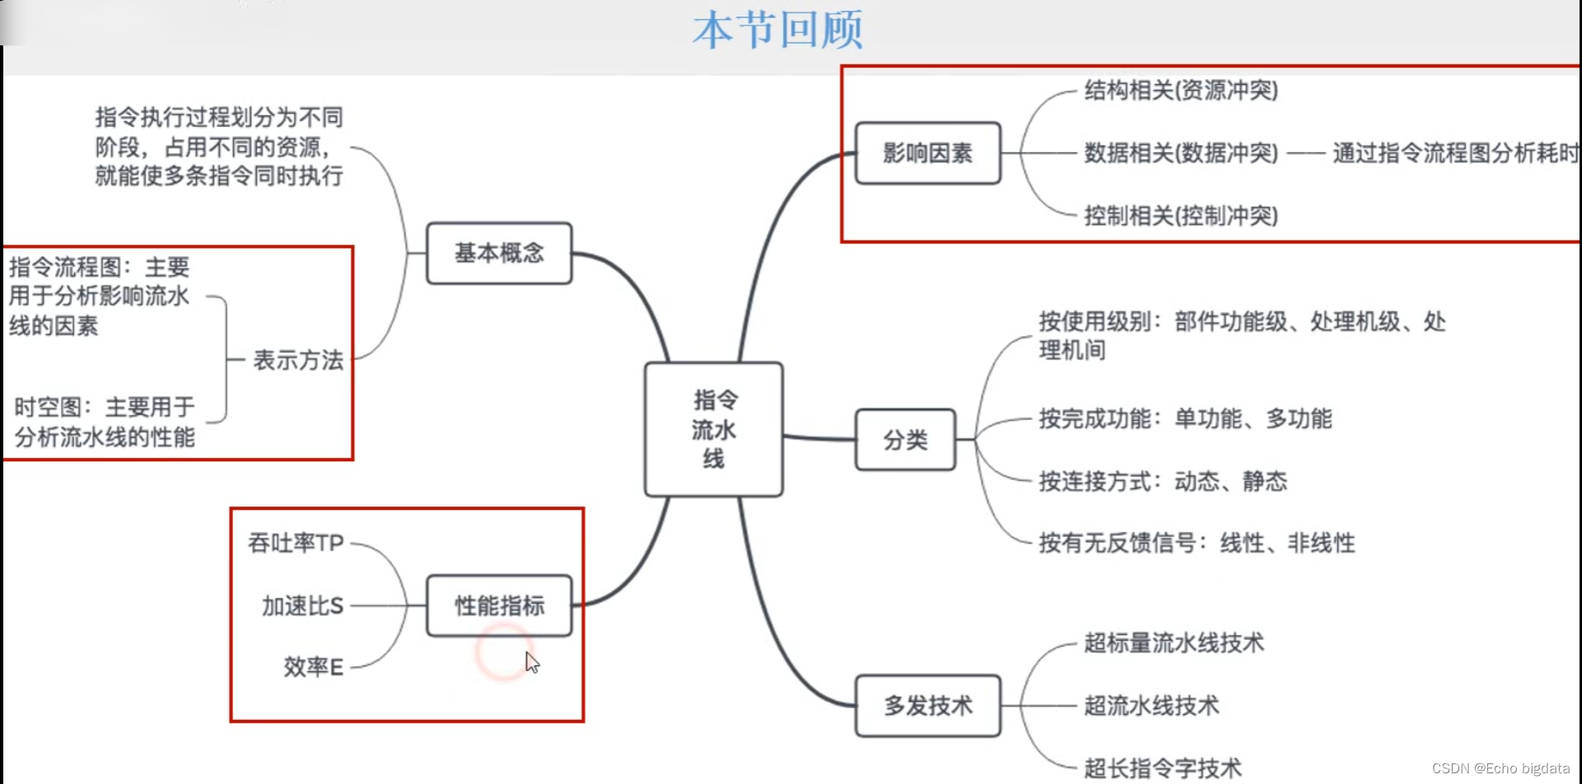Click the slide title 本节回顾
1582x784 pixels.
[x=777, y=30]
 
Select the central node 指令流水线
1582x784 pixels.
[x=714, y=429]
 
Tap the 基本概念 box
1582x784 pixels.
[x=499, y=253]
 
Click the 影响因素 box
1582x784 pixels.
[x=928, y=153]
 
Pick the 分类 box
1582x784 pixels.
[x=906, y=440]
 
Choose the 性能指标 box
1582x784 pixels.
[x=499, y=605]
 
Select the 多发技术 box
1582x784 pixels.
[x=928, y=706]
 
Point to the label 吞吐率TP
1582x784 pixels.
[x=296, y=544]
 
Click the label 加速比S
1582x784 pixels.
[x=302, y=606]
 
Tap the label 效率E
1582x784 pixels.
[x=313, y=667]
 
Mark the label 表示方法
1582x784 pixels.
[x=297, y=360]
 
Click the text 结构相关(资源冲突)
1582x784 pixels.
[x=1181, y=91]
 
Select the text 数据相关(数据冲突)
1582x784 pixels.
[x=1181, y=153]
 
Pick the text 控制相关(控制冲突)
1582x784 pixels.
[x=1181, y=216]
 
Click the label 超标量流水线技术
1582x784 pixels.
[x=1173, y=643]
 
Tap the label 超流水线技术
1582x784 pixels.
[x=1151, y=706]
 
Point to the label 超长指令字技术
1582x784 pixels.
[x=1162, y=768]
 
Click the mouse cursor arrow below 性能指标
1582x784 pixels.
[x=532, y=662]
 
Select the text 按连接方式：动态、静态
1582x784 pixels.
[x=1163, y=481]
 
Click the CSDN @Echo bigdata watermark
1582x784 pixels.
[x=1500, y=768]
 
